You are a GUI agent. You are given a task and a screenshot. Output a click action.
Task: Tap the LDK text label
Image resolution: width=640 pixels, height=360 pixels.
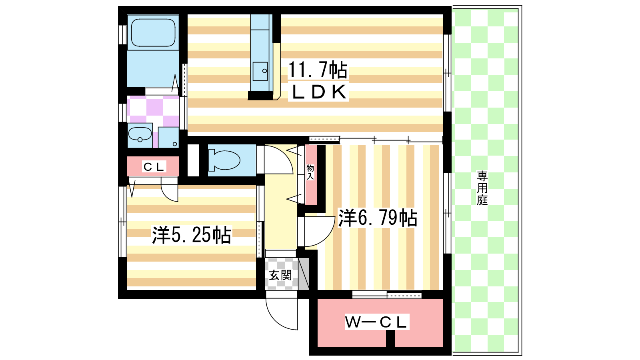click(x=318, y=92)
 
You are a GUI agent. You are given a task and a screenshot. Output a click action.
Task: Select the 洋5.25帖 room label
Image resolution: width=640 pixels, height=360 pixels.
click(x=192, y=235)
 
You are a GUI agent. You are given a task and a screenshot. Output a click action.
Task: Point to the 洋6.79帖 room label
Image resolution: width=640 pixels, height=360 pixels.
click(x=378, y=218)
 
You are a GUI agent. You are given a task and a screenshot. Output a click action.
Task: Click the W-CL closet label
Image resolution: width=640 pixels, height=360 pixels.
click(x=376, y=322)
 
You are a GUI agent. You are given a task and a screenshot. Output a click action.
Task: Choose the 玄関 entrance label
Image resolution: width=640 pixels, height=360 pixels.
click(x=280, y=275)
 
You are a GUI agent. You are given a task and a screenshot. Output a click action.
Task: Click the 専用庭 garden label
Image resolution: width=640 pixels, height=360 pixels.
click(x=482, y=188)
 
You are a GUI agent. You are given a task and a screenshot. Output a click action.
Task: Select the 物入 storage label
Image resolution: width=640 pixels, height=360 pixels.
click(x=310, y=172)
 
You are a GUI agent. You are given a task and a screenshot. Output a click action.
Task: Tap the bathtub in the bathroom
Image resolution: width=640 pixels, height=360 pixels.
click(x=153, y=32)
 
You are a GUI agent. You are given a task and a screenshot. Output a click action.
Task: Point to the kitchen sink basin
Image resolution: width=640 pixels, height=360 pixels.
click(x=260, y=72)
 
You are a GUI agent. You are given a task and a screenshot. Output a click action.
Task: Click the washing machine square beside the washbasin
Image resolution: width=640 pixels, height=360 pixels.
click(x=168, y=138)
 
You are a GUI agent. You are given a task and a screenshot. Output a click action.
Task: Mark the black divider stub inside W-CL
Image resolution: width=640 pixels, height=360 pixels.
click(x=390, y=338)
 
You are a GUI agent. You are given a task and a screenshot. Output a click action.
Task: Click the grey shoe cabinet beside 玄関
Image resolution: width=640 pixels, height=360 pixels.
click(x=304, y=274)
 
